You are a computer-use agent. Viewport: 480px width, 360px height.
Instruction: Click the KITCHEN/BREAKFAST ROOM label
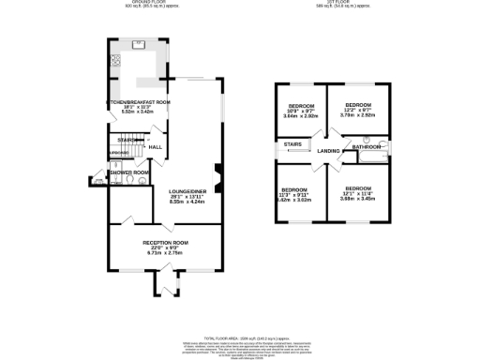point(137,101)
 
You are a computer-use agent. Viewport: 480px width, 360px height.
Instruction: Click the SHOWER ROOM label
point(129,173)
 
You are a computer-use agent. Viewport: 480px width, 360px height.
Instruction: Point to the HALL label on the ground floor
point(156,147)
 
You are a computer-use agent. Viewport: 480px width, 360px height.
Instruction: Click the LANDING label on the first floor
point(328,151)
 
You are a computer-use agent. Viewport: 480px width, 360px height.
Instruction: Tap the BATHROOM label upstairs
point(367,148)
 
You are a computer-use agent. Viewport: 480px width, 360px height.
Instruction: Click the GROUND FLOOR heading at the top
point(144,2)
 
